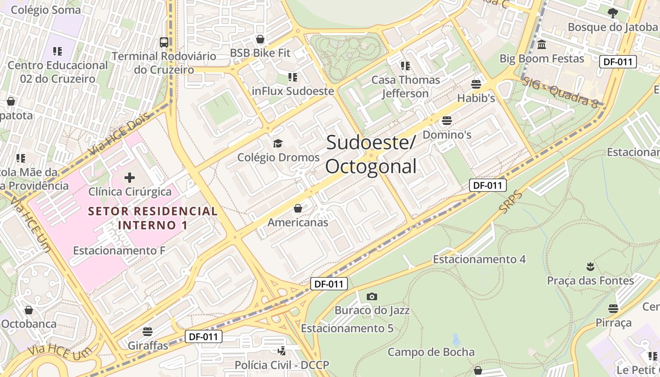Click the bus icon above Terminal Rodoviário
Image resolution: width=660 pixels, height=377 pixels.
(x=164, y=42)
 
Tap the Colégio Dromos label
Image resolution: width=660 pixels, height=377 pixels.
(x=278, y=157)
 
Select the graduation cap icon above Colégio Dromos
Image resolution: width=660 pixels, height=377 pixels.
(x=278, y=143)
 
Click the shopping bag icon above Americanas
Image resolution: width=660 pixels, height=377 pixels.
(x=298, y=208)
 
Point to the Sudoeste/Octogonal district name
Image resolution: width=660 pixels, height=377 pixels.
(x=371, y=154)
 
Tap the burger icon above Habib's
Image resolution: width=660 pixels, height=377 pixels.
(x=476, y=84)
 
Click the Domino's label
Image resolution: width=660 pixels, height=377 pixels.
(x=447, y=135)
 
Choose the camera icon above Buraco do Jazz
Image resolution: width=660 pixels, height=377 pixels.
(x=372, y=296)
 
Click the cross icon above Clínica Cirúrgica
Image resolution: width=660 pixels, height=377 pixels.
(x=130, y=178)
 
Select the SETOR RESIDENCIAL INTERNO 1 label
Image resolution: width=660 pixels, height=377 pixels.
(x=153, y=218)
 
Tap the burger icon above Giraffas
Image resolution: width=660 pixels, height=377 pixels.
(x=148, y=332)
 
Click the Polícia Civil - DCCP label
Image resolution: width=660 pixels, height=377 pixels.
(x=282, y=365)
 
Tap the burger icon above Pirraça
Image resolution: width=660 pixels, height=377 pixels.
(x=613, y=309)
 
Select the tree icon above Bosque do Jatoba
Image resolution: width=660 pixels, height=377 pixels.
(x=612, y=13)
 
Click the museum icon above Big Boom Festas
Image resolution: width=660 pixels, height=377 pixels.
(x=542, y=45)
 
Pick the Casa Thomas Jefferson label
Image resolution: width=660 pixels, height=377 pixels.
(x=405, y=87)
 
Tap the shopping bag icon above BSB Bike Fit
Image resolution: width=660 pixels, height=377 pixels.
(x=260, y=39)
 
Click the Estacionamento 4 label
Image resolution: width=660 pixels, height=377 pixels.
(x=479, y=259)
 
